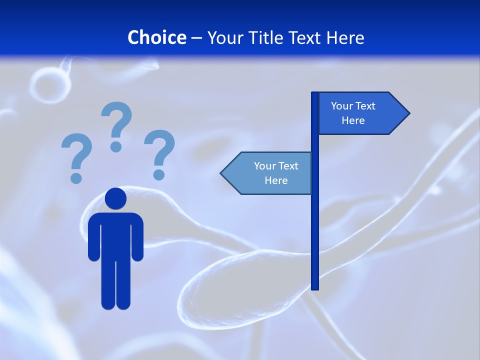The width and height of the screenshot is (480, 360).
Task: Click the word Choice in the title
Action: pos(156,37)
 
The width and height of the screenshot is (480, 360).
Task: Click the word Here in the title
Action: pos(345,37)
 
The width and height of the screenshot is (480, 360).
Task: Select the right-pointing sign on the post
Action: pos(357,113)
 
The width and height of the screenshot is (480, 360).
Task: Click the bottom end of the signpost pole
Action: pos(315,287)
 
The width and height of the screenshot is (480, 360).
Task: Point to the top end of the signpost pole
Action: pos(315,94)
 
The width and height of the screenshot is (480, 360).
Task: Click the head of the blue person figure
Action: pos(115,198)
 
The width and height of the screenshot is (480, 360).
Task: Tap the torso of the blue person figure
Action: pos(115,235)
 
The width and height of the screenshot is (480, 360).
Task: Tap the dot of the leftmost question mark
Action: pos(76,178)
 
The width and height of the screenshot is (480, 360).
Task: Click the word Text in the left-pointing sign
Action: pos(287,166)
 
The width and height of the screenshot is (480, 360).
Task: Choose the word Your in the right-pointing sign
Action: pos(342,106)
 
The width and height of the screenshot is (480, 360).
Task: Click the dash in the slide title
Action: pos(196,38)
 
